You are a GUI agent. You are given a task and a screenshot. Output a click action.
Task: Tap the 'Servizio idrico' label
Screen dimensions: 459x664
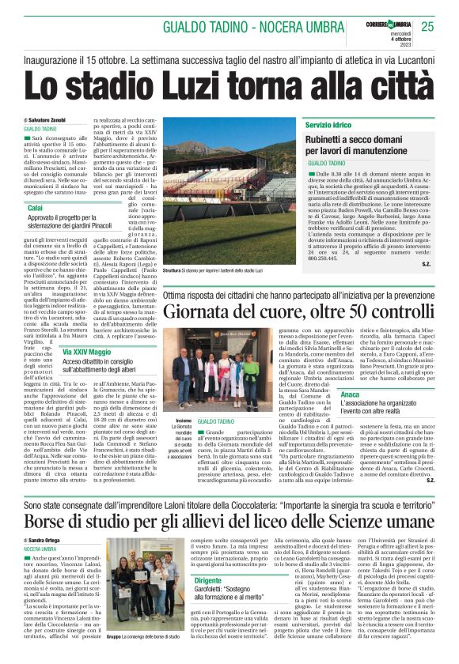tap(327, 126)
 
